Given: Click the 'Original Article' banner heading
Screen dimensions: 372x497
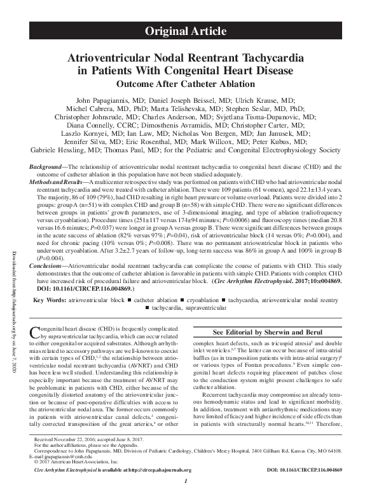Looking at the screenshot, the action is (186, 30).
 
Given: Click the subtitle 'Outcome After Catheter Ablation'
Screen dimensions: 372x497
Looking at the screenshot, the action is (186, 84).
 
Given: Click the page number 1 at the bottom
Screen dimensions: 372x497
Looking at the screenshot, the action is (185, 491).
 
